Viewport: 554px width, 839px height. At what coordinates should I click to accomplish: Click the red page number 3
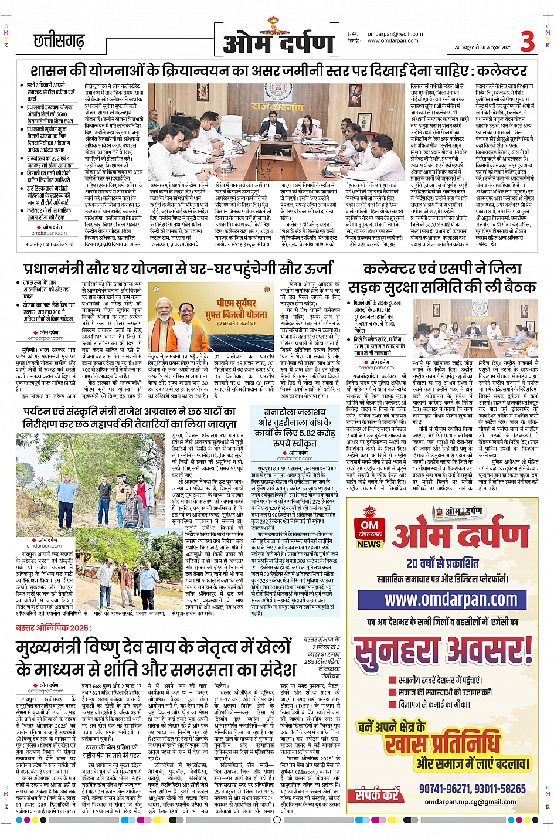(x=528, y=42)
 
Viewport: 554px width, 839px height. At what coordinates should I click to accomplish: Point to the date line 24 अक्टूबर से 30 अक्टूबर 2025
(x=482, y=47)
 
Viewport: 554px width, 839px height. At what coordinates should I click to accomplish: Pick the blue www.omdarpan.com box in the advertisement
(x=451, y=599)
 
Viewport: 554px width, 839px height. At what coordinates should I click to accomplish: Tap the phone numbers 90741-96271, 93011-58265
(x=472, y=789)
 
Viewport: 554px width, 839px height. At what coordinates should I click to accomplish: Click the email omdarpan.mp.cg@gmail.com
(x=470, y=802)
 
